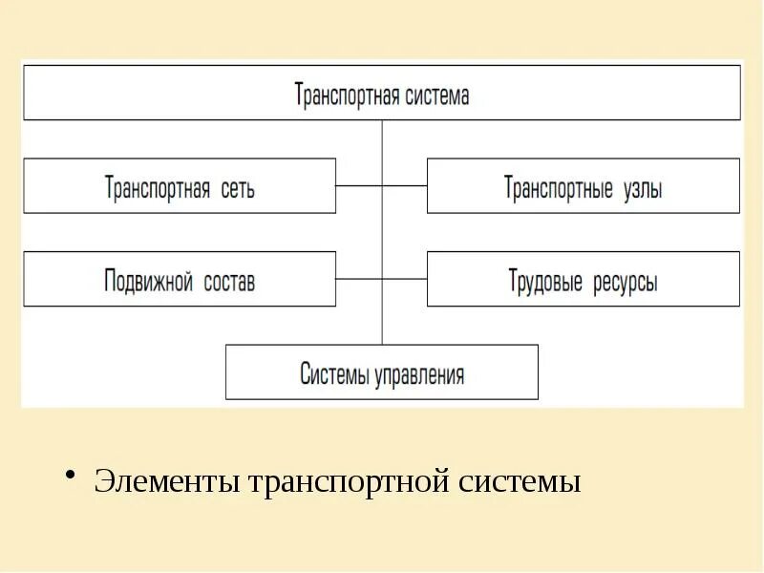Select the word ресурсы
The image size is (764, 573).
(623, 282)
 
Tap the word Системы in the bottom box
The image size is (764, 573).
(333, 373)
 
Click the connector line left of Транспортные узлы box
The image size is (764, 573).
(404, 185)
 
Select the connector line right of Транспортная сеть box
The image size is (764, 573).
(359, 185)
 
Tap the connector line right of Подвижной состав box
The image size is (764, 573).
(359, 279)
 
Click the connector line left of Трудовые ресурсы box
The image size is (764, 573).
(404, 279)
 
